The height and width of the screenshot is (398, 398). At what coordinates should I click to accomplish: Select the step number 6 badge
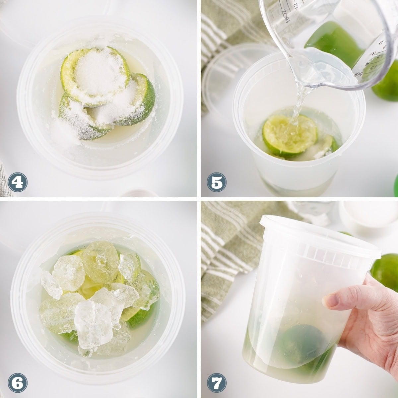18,383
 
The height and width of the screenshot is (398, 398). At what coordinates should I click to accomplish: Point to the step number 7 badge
217,383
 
